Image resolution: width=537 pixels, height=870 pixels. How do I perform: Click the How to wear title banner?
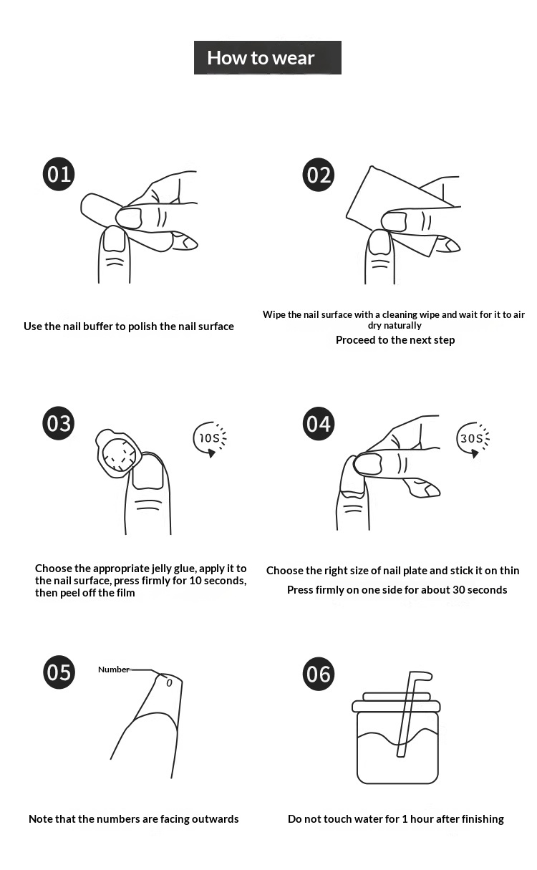pyautogui.click(x=268, y=57)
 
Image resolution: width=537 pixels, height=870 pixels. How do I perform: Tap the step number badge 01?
pyautogui.click(x=59, y=174)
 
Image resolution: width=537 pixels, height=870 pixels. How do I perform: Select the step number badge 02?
pyautogui.click(x=319, y=175)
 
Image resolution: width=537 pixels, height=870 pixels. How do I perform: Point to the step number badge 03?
pyautogui.click(x=59, y=423)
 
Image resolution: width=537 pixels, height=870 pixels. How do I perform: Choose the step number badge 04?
pyautogui.click(x=319, y=423)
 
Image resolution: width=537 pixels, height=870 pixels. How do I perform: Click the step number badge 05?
pyautogui.click(x=59, y=672)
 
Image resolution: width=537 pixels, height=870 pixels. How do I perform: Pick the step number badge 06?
pyautogui.click(x=319, y=674)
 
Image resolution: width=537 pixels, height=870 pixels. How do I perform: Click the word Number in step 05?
pyautogui.click(x=113, y=670)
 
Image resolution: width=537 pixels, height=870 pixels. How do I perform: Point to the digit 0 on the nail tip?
pyautogui.click(x=169, y=683)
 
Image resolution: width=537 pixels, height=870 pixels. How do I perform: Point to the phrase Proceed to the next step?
pyautogui.click(x=395, y=340)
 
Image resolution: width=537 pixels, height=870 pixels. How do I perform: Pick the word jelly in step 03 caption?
pyautogui.click(x=162, y=569)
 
